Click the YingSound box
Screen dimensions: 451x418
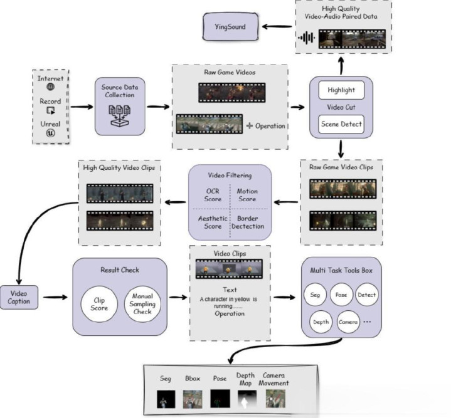tap(230, 27)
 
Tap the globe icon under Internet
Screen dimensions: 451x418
tap(51, 86)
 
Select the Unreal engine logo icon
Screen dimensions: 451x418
tap(51, 133)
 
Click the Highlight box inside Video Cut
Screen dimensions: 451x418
tap(341, 90)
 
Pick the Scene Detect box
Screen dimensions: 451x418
tap(341, 124)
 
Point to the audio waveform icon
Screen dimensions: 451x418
tap(306, 38)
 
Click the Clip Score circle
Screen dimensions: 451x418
tap(99, 304)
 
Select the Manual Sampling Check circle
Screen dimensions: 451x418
tap(142, 304)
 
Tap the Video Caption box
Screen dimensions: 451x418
tap(19, 297)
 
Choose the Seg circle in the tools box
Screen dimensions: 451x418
tap(315, 295)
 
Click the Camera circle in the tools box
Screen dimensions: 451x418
tap(348, 321)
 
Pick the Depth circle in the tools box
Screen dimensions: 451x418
tap(321, 321)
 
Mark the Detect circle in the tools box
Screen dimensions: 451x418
tap(367, 295)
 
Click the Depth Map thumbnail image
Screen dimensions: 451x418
tap(247, 399)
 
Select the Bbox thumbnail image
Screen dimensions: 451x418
tap(193, 399)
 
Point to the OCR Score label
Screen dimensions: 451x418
tap(213, 195)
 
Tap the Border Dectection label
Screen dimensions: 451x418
tap(248, 222)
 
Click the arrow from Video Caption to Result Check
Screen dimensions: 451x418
tap(55, 297)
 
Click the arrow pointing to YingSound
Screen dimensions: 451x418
tap(277, 27)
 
